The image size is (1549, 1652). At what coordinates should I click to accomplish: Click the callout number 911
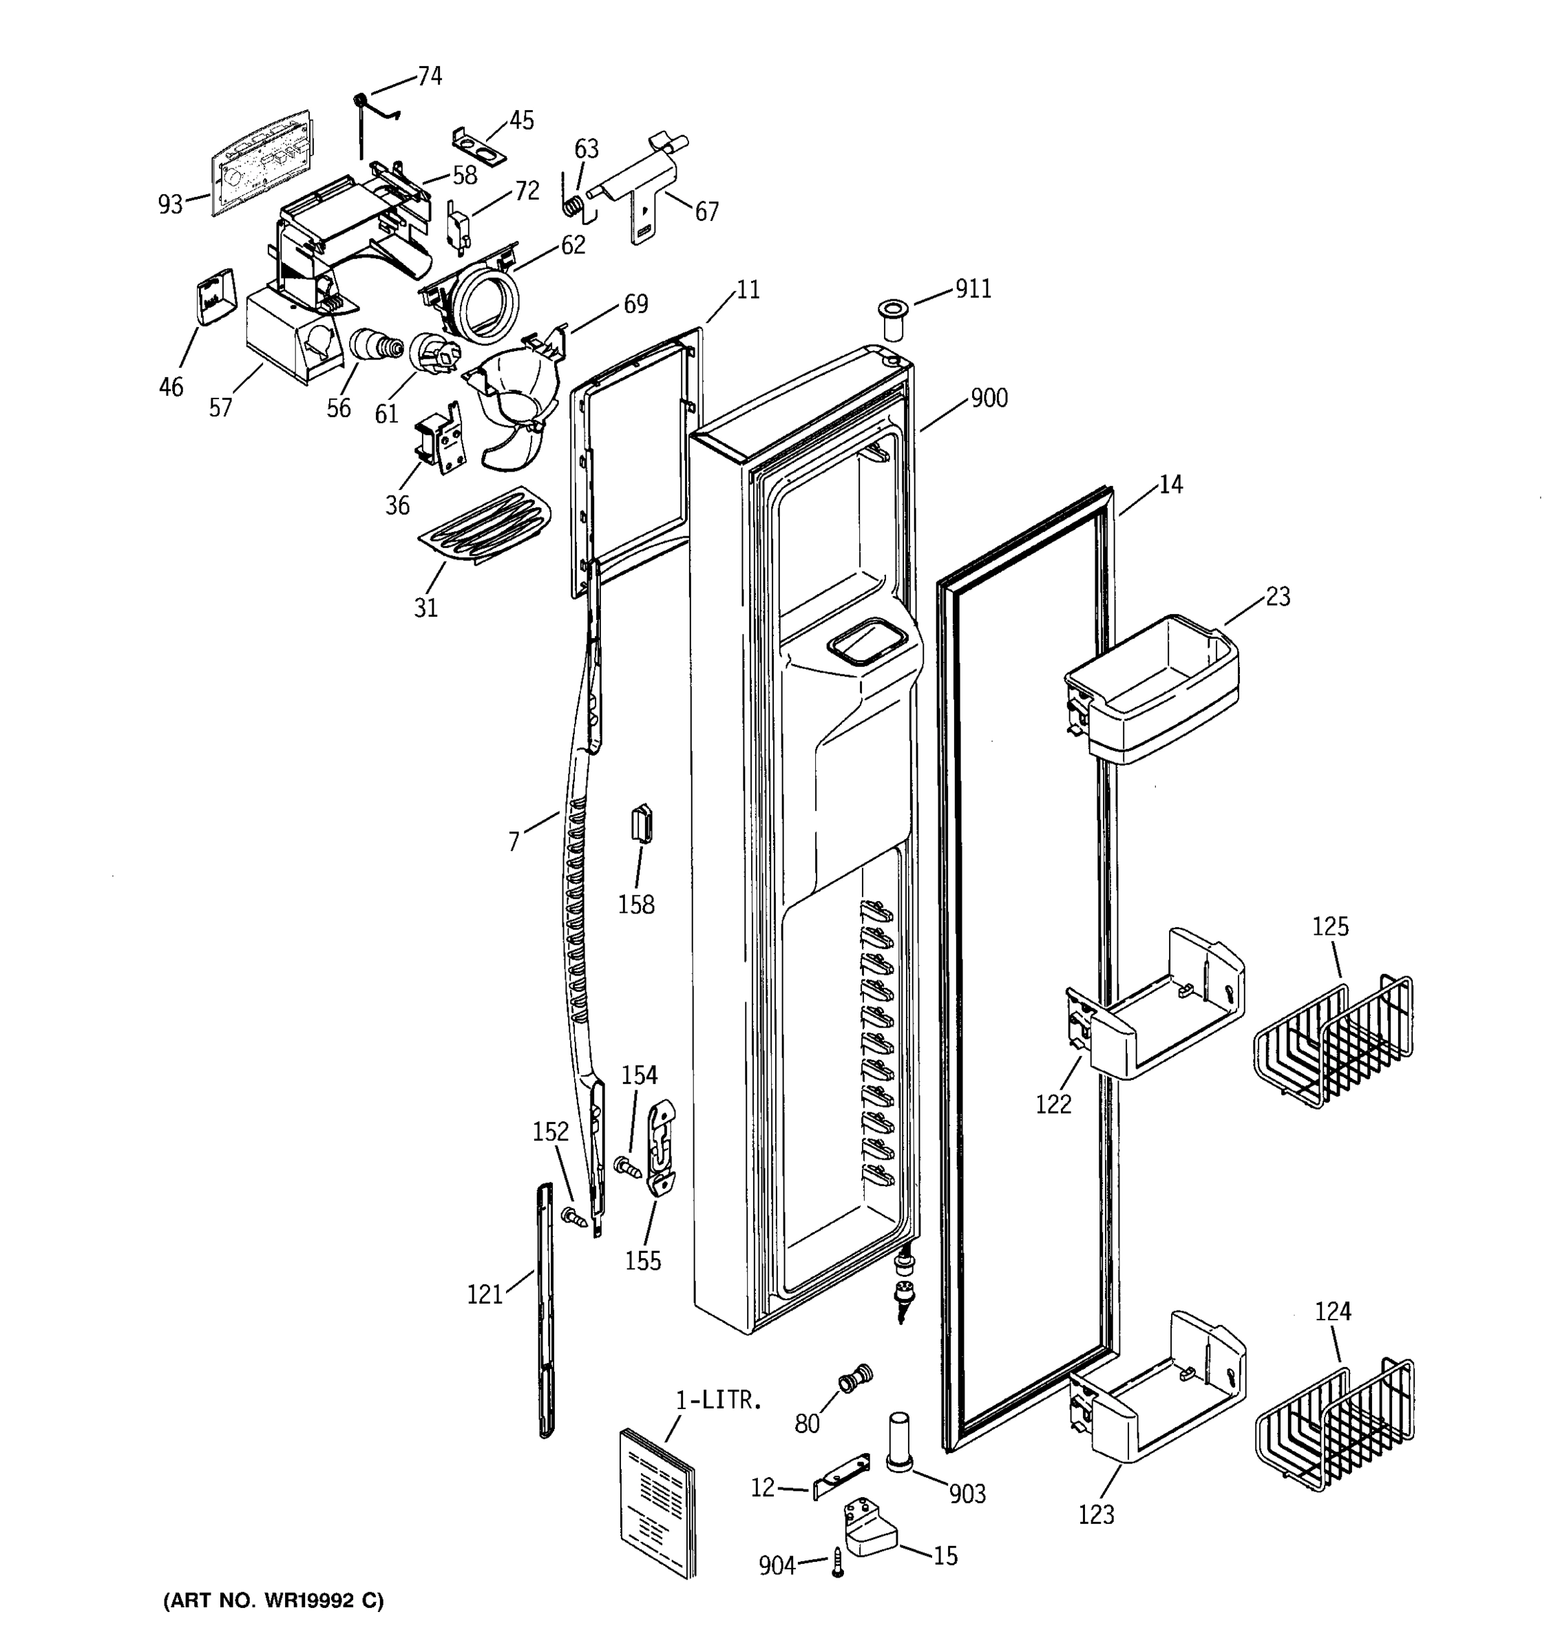(972, 288)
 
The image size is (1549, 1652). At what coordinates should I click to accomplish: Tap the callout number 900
(989, 398)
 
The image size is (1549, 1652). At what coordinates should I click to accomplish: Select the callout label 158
(635, 904)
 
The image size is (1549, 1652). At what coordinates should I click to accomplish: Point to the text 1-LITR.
(718, 1400)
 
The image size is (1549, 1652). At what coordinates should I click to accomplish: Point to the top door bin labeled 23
(1152, 690)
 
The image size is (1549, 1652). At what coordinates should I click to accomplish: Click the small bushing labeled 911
(894, 318)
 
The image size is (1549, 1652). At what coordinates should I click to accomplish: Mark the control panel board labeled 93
(260, 164)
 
